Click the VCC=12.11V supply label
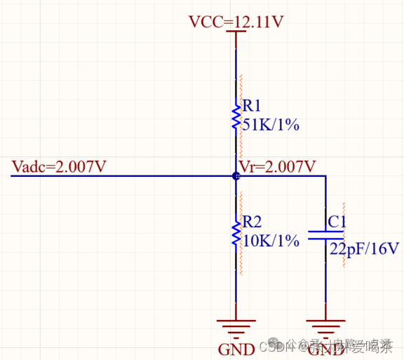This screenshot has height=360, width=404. click(236, 22)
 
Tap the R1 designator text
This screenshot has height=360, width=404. click(252, 107)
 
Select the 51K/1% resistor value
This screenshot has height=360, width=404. click(271, 125)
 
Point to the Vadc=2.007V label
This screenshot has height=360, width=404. click(60, 167)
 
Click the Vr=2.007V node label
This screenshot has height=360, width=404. click(277, 166)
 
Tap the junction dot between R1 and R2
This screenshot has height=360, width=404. click(236, 175)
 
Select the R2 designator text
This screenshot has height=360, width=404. click(252, 222)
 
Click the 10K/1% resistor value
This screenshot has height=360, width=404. click(271, 240)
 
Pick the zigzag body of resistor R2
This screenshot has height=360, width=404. click(236, 232)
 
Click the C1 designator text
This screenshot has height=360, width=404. click(337, 222)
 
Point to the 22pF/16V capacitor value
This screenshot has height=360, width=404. click(364, 249)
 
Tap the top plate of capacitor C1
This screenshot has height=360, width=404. click(325, 229)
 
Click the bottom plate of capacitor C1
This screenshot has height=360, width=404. click(325, 239)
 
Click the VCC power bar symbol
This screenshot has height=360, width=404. click(236, 32)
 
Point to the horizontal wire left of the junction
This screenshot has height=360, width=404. click(119, 176)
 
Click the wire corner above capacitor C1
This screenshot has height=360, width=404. click(325, 176)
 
